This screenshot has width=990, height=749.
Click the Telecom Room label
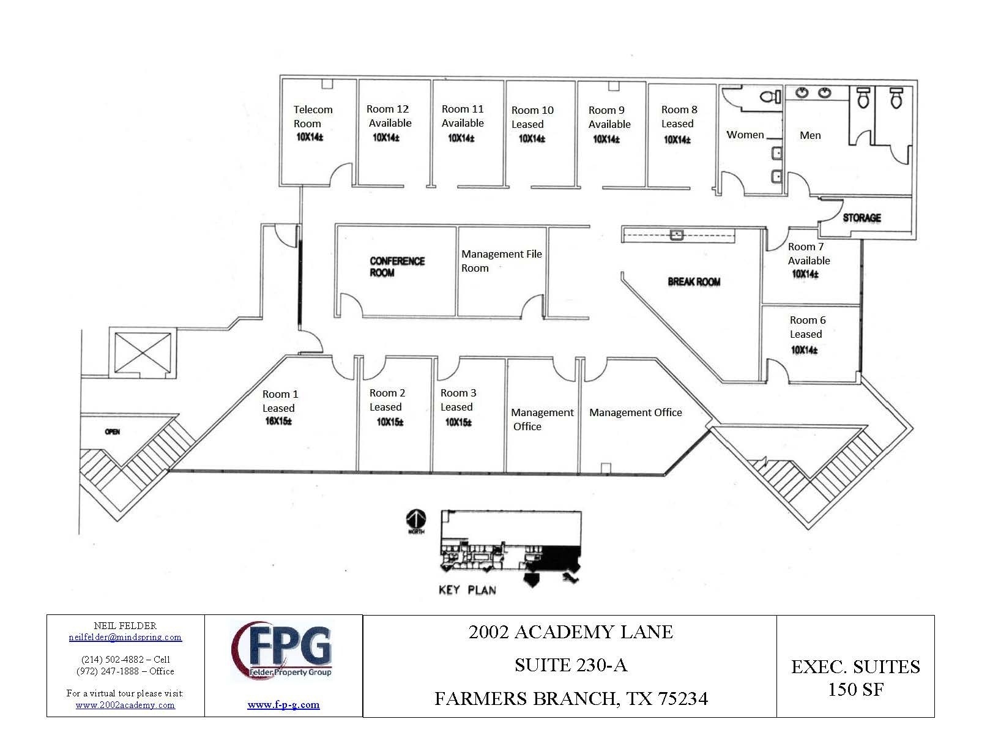click(313, 116)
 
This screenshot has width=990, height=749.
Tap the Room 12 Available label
click(389, 116)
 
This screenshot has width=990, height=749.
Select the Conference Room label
click(397, 266)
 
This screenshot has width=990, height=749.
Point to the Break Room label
click(694, 281)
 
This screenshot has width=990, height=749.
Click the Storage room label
click(862, 217)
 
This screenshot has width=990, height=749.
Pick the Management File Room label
click(501, 261)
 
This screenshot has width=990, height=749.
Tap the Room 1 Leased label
click(280, 401)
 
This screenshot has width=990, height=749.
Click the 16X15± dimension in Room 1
click(278, 421)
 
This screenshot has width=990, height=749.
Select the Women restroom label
click(745, 135)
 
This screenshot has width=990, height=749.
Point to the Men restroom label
click(810, 135)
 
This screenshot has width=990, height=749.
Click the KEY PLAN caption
click(467, 590)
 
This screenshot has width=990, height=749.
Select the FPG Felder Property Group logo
click(283, 651)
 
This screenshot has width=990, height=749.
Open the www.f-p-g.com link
click(283, 704)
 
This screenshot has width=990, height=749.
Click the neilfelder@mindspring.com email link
click(125, 637)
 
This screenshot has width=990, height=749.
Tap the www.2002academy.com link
click(125, 705)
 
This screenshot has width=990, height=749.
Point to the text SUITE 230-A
click(570, 665)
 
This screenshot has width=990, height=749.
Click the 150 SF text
click(855, 690)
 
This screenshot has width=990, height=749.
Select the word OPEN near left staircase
click(112, 432)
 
